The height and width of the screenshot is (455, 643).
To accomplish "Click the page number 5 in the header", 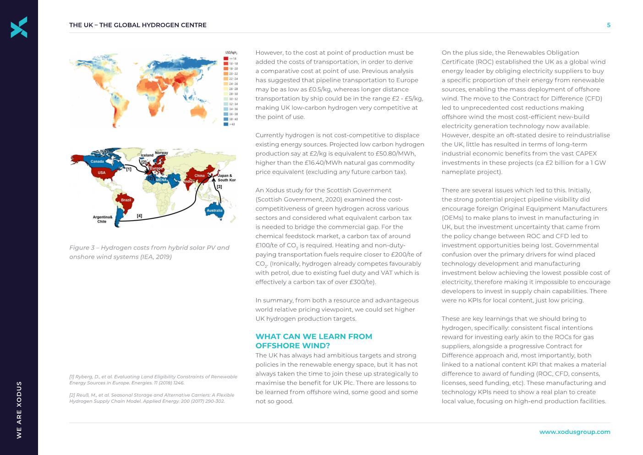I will [x=608, y=25].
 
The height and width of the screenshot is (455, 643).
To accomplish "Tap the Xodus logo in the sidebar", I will [x=19, y=27].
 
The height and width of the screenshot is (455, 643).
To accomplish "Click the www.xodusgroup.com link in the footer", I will [x=574, y=432].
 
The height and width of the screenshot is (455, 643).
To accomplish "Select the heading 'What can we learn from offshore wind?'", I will [x=313, y=341].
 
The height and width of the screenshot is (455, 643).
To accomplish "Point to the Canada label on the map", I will [x=97, y=161].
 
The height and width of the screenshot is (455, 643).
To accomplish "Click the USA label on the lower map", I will [x=101, y=173].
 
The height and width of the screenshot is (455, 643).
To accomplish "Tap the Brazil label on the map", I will [x=126, y=200].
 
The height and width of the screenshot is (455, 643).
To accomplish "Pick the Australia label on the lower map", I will [x=214, y=211].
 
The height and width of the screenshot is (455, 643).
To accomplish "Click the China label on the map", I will [x=199, y=176].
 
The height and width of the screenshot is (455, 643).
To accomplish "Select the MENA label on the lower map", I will [x=161, y=180].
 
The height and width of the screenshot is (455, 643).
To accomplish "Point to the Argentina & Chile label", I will [x=102, y=219].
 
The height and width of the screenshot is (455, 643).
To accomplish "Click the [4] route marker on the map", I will [x=139, y=216].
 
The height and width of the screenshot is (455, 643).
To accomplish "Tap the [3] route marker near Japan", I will [x=219, y=187].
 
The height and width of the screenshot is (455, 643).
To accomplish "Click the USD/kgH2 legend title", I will [x=231, y=53].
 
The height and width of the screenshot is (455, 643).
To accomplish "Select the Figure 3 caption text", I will [x=149, y=252].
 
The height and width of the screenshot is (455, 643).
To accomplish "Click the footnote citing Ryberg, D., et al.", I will [x=153, y=380].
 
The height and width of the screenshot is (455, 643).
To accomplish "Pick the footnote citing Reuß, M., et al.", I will [x=152, y=398].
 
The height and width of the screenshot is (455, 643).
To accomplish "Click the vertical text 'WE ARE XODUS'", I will [x=19, y=410].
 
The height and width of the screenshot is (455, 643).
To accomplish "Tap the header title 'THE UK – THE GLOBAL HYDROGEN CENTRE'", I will [x=137, y=25].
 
